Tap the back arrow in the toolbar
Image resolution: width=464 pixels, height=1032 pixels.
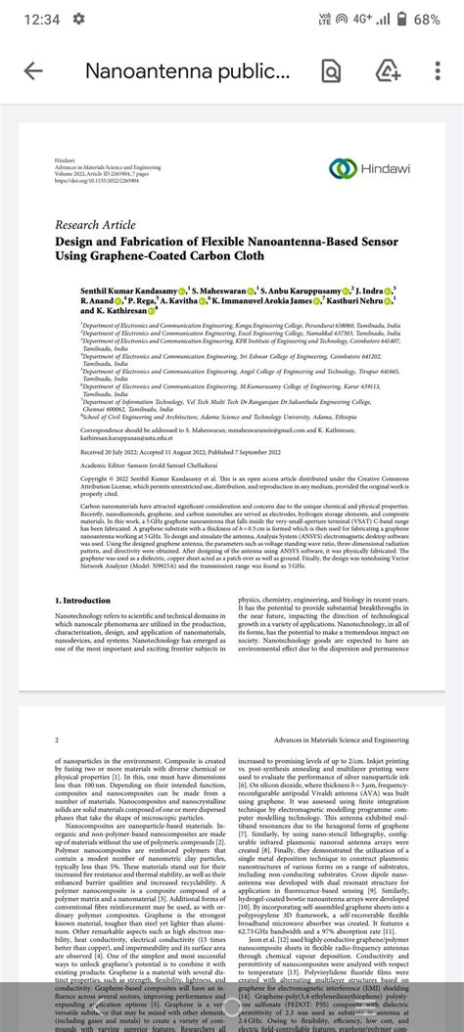tap(33, 71)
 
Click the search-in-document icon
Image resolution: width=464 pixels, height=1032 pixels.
tap(331, 71)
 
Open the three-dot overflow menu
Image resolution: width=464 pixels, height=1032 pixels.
tap(439, 71)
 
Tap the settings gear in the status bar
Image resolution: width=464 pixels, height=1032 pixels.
tap(78, 19)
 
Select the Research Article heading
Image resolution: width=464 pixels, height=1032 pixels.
tap(96, 224)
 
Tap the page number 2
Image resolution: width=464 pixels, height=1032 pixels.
tap(58, 740)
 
